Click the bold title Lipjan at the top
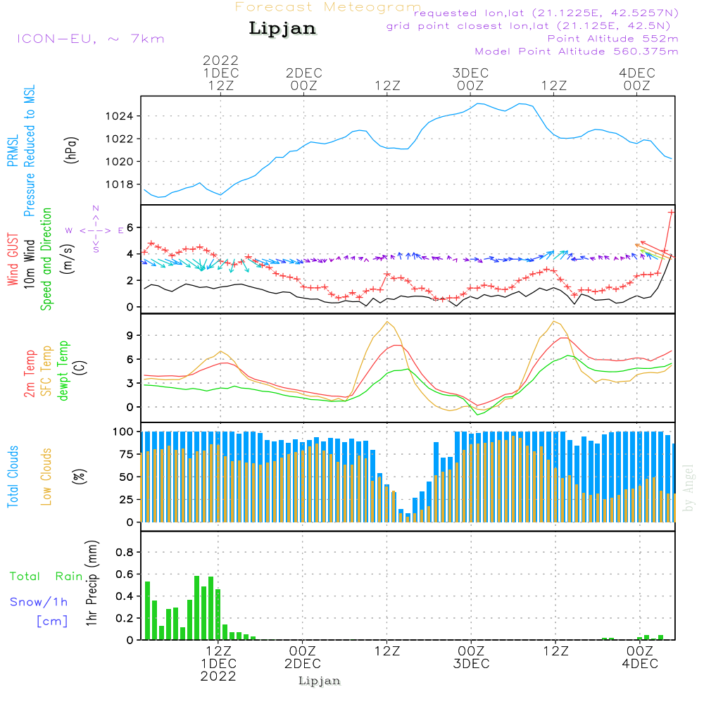[x=282, y=28]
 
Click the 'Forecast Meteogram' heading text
[x=328, y=7]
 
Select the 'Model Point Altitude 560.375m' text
[x=577, y=51]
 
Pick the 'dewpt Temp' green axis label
[x=63, y=370]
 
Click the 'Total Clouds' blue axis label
[x=13, y=476]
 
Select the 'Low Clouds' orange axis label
[x=46, y=476]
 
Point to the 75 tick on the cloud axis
[x=125, y=454]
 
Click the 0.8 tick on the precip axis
[x=124, y=552]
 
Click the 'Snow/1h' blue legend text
[x=39, y=603]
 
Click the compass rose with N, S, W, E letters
[x=96, y=230]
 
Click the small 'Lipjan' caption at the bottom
[x=319, y=681]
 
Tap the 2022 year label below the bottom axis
[x=218, y=677]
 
